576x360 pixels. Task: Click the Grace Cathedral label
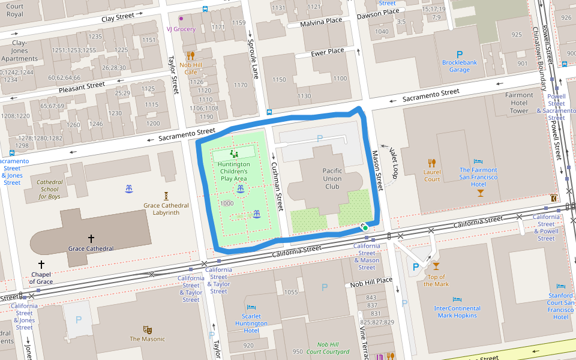91,248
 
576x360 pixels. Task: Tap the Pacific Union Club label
332,178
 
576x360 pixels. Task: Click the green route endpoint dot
365,228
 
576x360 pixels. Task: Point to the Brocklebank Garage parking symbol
460,55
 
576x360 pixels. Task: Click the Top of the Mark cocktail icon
436,266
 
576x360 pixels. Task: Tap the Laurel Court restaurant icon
431,163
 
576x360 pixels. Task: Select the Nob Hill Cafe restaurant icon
190,55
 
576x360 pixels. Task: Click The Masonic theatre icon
147,329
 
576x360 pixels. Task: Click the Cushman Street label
277,186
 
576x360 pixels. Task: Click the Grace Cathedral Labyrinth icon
166,196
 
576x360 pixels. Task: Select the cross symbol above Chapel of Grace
41,264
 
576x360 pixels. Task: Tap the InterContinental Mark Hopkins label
457,312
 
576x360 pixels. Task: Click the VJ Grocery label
181,28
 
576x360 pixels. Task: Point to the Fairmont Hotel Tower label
519,103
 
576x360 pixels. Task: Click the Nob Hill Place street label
371,281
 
